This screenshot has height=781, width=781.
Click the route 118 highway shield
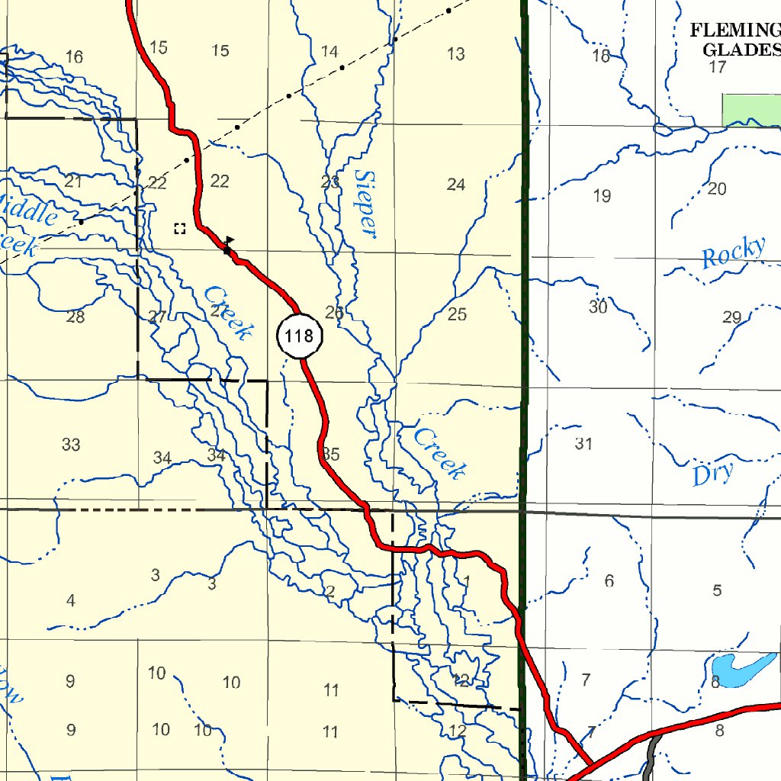coord(300,335)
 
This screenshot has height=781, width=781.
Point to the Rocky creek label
coord(733,252)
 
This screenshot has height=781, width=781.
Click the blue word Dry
coord(713,474)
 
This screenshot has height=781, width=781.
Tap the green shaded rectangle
coord(751,110)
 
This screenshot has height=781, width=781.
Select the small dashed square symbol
coord(180,228)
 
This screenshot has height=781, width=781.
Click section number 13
coord(456,54)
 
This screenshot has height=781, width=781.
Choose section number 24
coord(456,185)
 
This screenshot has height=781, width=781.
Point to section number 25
coord(457,314)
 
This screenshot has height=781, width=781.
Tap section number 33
coord(71,445)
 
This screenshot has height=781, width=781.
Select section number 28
coord(75,317)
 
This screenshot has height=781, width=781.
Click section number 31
coord(583,444)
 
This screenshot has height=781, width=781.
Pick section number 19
coord(602,196)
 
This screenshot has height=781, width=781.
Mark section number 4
coord(71,601)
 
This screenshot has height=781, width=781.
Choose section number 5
coord(717,590)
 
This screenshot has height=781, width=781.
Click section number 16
coord(74,57)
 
